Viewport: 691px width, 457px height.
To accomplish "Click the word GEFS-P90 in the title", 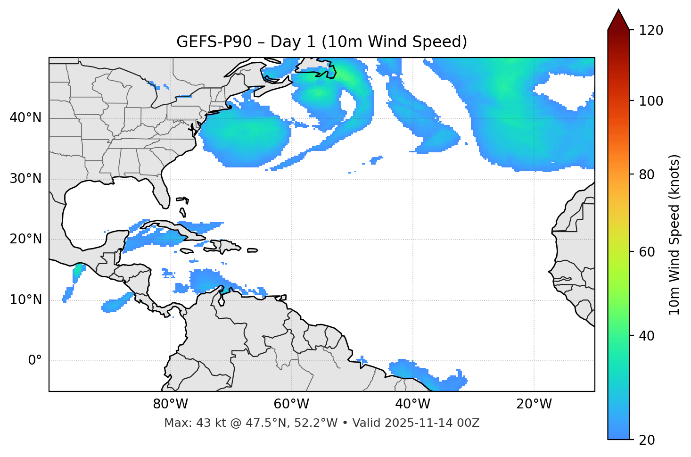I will [x=207, y=42].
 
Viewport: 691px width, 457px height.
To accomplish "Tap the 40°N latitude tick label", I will [x=25, y=118].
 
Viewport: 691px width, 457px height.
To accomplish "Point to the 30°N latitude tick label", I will [x=25, y=179].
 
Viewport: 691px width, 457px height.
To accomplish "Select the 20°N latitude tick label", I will [x=25, y=239].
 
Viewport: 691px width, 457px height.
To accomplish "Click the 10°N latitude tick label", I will [x=25, y=300].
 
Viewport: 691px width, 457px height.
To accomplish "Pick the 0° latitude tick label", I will [x=35, y=361].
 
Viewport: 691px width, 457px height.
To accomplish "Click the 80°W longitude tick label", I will [x=170, y=404].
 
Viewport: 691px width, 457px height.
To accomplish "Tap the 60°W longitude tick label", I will [x=291, y=404].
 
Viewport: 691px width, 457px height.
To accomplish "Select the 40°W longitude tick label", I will [x=412, y=404].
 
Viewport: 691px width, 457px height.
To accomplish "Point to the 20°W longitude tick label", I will [x=534, y=404].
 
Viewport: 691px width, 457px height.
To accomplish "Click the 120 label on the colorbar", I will [x=651, y=31].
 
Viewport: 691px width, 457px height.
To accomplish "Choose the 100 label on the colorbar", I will [x=651, y=101].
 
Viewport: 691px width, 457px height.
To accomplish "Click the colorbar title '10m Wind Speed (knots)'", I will [x=675, y=234].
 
